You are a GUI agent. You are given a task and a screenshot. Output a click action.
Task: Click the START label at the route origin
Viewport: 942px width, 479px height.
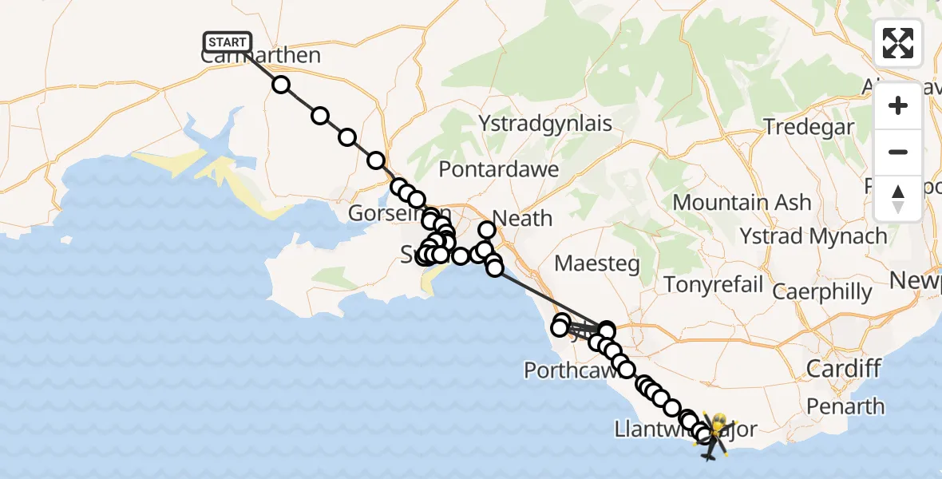[x=228, y=42]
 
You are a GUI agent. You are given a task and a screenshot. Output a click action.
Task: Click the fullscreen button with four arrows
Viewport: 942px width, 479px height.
[x=897, y=43]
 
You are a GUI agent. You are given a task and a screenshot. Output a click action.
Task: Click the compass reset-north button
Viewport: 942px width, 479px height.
[x=897, y=199]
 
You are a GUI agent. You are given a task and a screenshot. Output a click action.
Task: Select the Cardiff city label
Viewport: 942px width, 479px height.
[x=843, y=369]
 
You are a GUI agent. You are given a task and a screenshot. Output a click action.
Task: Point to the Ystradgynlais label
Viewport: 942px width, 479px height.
[x=545, y=123]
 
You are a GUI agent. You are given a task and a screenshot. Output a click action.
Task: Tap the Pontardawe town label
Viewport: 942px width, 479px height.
[x=498, y=170]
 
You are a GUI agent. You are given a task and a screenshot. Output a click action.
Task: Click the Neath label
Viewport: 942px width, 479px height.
[x=522, y=217]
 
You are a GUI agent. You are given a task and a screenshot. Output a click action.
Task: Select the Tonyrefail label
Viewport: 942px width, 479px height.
[x=703, y=285]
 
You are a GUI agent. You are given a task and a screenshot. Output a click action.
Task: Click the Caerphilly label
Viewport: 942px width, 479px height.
[x=822, y=291]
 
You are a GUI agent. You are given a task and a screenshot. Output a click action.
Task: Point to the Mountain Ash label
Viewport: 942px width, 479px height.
[x=742, y=203]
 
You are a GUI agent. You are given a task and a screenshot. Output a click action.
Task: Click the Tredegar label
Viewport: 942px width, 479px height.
[x=809, y=126]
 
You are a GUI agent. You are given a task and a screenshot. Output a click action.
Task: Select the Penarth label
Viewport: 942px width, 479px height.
[x=845, y=406]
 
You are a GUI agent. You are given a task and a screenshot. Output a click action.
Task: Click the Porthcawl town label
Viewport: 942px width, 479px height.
[x=568, y=370]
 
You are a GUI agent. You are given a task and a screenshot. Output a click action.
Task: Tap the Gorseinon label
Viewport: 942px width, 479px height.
[x=386, y=214]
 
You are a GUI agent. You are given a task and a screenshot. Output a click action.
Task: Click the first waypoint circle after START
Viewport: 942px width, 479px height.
[x=281, y=85]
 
